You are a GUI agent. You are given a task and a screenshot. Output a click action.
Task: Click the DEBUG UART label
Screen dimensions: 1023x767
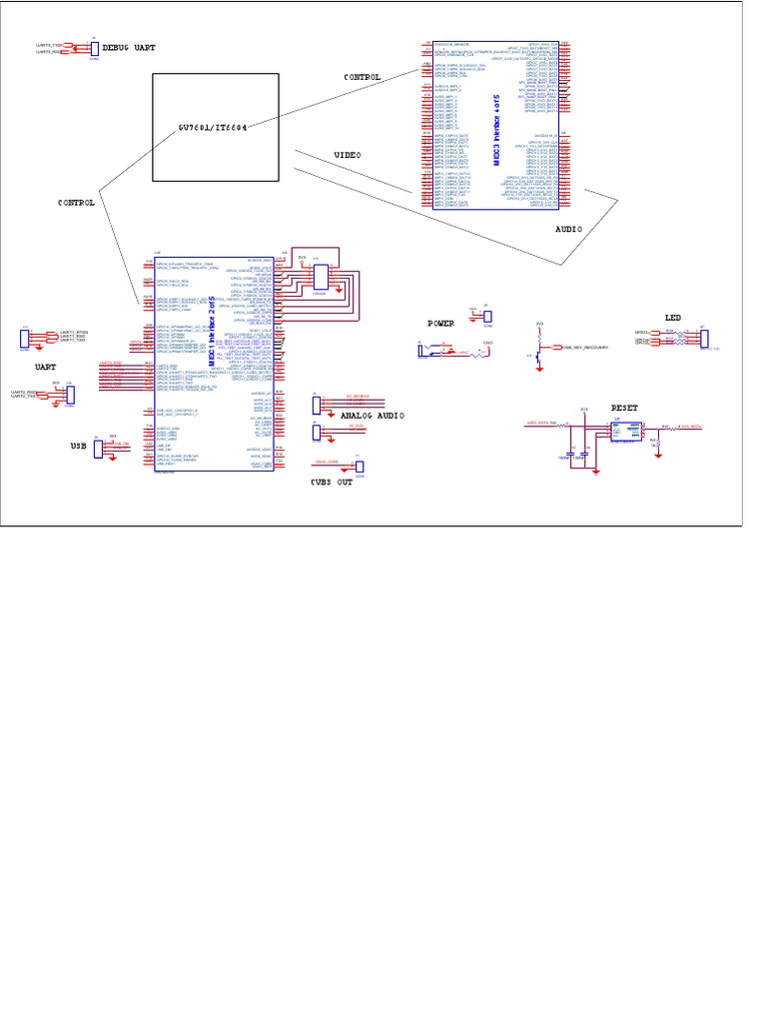(129, 47)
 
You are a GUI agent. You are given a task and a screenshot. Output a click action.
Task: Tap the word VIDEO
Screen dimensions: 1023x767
(347, 156)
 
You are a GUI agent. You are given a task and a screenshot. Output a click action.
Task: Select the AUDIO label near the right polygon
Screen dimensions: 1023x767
(568, 229)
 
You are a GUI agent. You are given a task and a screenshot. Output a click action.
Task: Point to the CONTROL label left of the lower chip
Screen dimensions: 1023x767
(76, 202)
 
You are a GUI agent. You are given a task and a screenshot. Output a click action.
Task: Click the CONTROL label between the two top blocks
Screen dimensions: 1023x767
(362, 77)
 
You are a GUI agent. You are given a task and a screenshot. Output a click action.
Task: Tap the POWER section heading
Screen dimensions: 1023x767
(440, 324)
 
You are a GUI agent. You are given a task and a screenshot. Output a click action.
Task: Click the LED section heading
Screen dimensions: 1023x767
(673, 319)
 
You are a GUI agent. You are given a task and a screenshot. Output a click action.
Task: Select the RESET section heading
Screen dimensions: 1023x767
(624, 408)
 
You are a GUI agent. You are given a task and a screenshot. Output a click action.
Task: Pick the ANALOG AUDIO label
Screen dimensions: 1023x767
(373, 414)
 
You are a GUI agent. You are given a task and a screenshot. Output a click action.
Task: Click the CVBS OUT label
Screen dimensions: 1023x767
(332, 482)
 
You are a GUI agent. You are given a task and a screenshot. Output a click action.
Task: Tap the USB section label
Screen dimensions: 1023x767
(79, 446)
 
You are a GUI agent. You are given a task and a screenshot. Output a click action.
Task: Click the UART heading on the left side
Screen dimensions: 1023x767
(46, 368)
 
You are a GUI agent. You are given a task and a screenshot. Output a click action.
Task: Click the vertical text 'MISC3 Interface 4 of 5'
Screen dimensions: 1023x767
(497, 125)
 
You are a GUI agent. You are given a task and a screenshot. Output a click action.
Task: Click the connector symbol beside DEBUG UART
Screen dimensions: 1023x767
(94, 49)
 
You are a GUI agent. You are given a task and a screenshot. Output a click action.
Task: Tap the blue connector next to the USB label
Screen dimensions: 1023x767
(97, 449)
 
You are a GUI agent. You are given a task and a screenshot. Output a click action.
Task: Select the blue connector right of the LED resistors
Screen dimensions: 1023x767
(703, 338)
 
